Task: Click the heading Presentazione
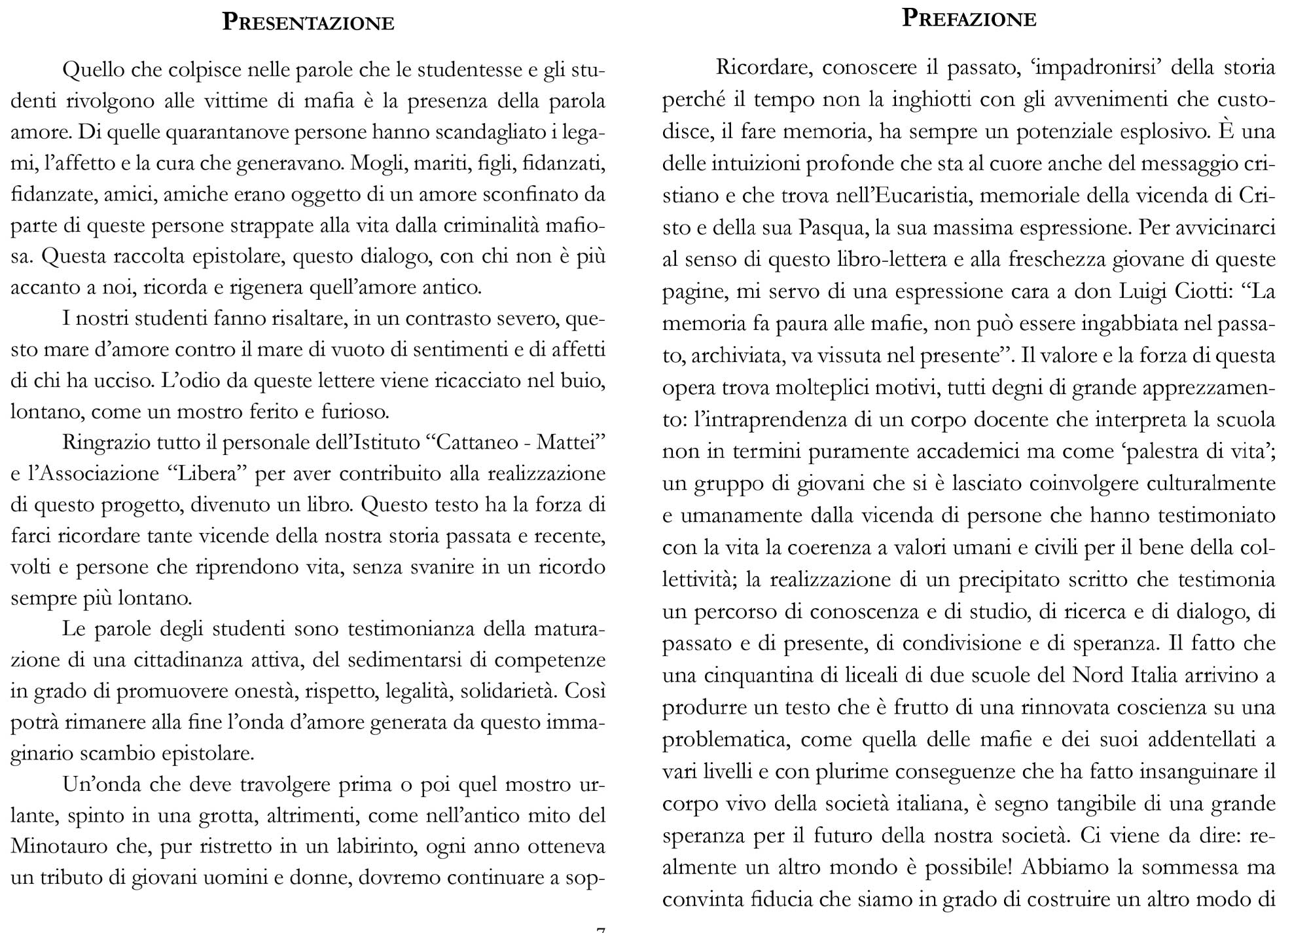point(308,22)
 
